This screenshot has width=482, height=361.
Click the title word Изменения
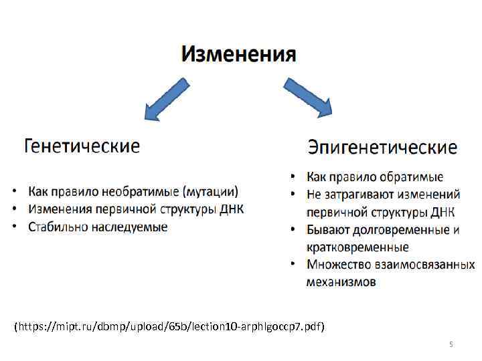238,53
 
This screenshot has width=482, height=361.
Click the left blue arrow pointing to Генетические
166,99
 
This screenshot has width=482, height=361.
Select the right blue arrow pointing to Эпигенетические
309,98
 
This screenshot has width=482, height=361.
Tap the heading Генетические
82,146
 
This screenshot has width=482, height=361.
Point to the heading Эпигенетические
382,147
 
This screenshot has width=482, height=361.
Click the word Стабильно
59,227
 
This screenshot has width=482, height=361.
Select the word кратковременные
357,247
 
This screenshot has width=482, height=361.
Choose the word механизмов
341,282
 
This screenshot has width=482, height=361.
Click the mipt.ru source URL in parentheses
169,327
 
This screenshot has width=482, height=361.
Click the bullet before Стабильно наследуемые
15,227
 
